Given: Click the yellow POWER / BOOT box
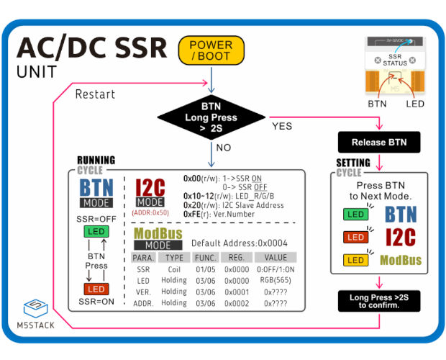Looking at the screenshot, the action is (x=211, y=50).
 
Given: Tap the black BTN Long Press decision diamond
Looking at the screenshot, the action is (x=211, y=117).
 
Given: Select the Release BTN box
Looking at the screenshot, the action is (x=379, y=142).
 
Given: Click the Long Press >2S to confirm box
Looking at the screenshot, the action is (x=379, y=301).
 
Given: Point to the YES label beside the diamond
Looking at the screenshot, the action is (x=282, y=126).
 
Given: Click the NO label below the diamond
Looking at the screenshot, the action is (x=224, y=148).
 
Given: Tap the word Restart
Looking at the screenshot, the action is (x=95, y=94).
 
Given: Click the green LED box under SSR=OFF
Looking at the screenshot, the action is (x=96, y=231).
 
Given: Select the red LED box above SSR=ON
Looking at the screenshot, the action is (x=96, y=289).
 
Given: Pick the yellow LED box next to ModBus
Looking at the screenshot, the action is (x=355, y=260).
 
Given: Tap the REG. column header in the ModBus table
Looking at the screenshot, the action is (x=237, y=258).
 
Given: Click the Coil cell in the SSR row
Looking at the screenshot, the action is (x=174, y=269).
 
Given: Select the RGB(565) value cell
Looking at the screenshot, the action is (x=276, y=280).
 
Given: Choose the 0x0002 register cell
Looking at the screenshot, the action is (x=237, y=303).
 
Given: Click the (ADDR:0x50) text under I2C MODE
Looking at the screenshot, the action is (x=150, y=212).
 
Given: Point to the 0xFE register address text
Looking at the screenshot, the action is (x=192, y=214).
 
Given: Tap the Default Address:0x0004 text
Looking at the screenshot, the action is (x=240, y=243).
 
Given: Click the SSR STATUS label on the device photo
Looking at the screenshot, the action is (x=395, y=60).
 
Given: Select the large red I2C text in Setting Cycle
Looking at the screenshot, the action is (x=401, y=237).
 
